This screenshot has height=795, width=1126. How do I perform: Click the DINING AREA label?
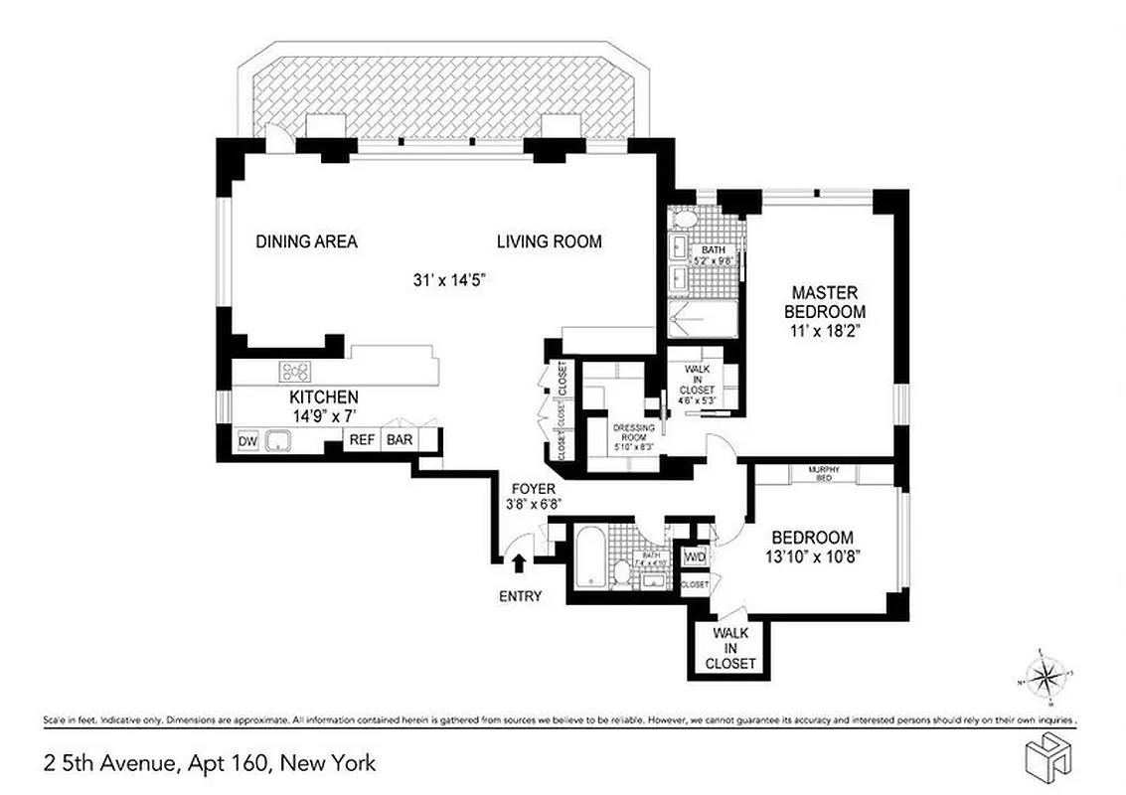pos(306,241)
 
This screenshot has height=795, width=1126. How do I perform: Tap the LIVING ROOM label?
pos(549,241)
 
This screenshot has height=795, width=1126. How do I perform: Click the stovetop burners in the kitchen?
pos(295,372)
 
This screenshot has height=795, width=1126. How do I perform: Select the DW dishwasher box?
pos(246,440)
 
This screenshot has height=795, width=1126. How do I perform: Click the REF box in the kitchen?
pos(361,439)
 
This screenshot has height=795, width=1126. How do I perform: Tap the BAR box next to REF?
pos(400,439)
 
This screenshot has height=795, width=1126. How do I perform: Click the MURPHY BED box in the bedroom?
pos(825,473)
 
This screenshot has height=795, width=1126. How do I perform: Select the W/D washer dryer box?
pos(694,557)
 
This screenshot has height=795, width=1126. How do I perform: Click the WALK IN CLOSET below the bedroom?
pos(730,647)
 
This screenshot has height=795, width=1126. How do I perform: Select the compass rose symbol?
pos(1045,678)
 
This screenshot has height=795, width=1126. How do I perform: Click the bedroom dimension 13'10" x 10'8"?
pos(813,556)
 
